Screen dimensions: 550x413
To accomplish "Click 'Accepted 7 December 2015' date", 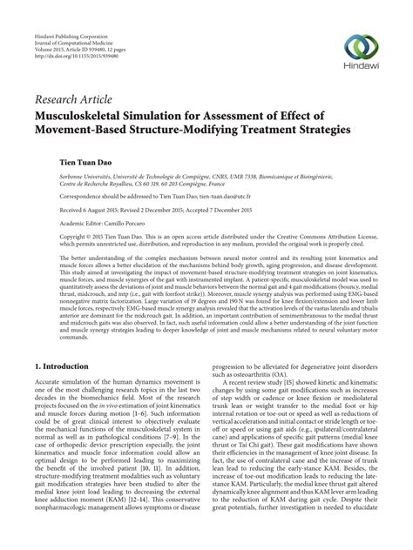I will (250, 211).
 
